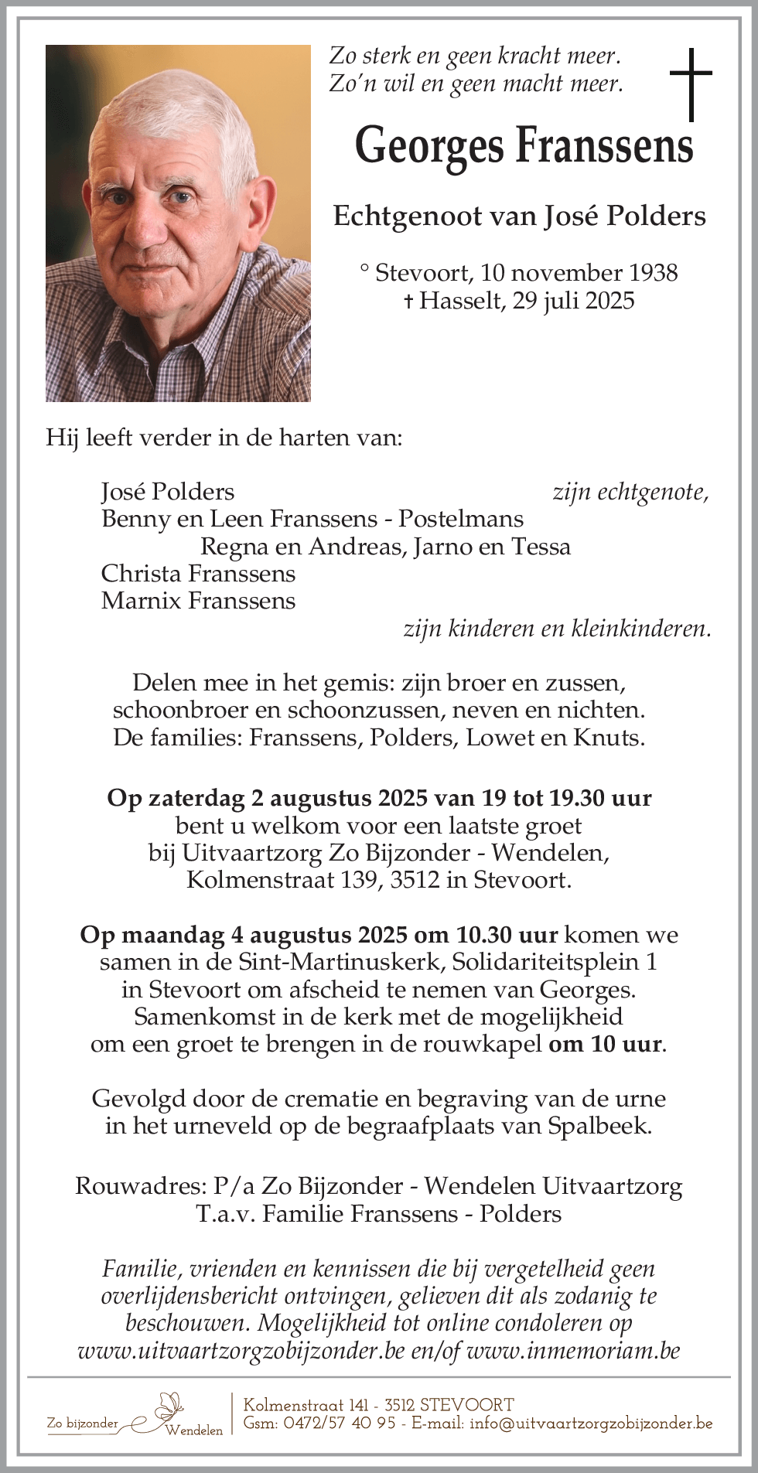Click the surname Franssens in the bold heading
click(603, 146)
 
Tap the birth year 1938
click(653, 273)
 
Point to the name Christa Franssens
click(198, 574)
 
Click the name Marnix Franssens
click(198, 601)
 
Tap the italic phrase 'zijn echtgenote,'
click(630, 492)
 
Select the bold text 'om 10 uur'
click(606, 1044)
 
